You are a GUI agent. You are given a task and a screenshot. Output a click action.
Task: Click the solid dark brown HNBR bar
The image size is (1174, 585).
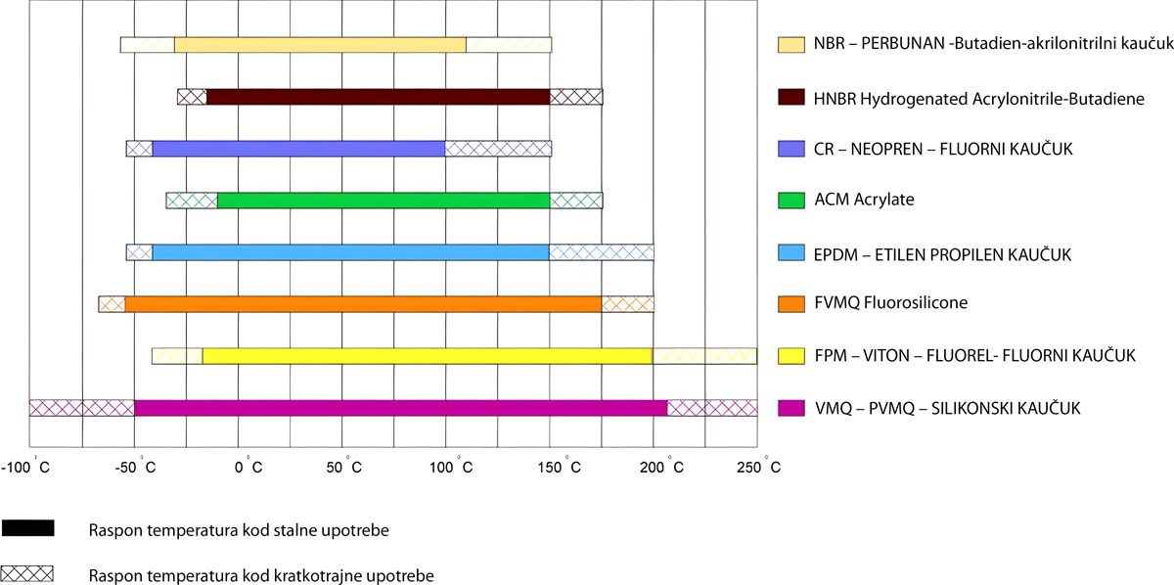point(378,97)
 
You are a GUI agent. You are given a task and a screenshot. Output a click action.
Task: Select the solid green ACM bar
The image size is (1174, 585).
point(383,201)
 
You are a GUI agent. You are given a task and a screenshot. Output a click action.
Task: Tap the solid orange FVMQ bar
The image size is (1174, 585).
point(363,304)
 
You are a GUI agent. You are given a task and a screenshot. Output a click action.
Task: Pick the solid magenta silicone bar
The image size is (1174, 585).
point(400,408)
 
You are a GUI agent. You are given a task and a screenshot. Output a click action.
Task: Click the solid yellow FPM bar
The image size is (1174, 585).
point(427,356)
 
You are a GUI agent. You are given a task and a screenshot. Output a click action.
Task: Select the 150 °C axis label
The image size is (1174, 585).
point(558,468)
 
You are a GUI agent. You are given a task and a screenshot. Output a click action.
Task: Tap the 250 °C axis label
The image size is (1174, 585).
point(759,468)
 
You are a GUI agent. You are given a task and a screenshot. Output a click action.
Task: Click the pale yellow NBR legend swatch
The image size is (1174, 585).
point(790,44)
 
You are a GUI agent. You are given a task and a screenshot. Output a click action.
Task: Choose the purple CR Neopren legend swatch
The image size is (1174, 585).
point(790,149)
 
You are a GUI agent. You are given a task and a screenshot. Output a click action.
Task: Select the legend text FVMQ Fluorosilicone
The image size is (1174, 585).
point(890,303)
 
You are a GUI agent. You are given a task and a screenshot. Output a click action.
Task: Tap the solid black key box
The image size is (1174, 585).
point(27,529)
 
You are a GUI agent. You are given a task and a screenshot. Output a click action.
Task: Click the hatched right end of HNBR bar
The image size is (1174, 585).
point(576,97)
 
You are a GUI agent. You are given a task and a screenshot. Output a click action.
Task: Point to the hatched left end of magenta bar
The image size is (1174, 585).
point(81,408)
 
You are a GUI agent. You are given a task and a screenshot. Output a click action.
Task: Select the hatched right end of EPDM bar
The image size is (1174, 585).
point(601,252)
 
